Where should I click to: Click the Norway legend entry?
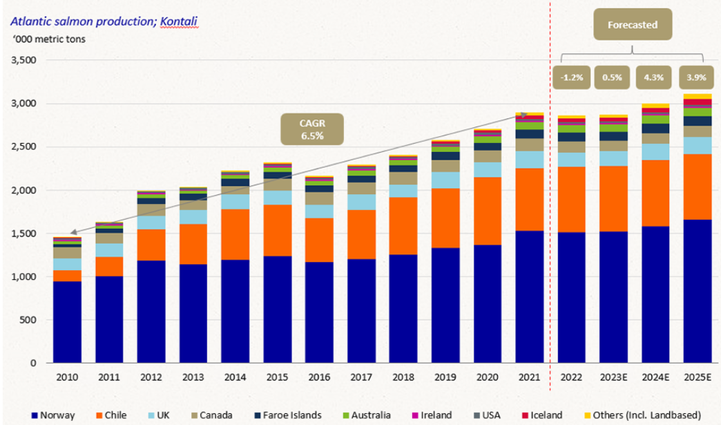tap(54, 415)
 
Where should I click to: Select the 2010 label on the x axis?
tap(67, 377)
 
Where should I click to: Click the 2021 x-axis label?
tap(528, 377)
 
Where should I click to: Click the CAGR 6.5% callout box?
tap(311, 130)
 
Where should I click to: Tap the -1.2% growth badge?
tap(571, 77)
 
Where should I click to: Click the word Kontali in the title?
tap(179, 21)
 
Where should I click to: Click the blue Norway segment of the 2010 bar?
tap(67, 321)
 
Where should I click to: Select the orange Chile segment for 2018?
tap(403, 226)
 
